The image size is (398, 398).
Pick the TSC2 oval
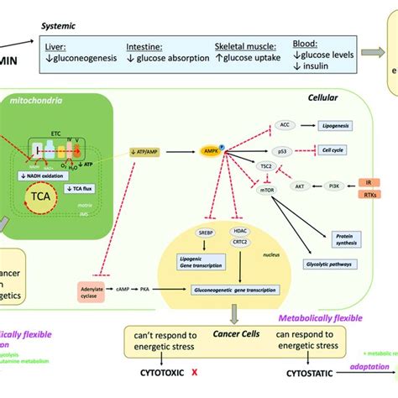point(264,167)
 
